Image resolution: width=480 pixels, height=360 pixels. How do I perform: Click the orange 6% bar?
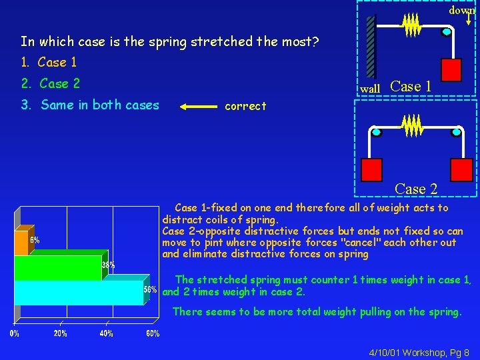[x=21, y=244]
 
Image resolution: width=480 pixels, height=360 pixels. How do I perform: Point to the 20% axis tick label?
[x=60, y=333]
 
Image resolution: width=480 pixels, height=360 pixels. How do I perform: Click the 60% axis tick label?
[x=153, y=333]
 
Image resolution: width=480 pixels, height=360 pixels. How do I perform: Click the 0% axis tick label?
[x=14, y=333]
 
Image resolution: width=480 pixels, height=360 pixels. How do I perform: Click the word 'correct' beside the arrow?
[x=245, y=106]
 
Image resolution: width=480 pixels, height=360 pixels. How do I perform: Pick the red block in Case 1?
[x=451, y=69]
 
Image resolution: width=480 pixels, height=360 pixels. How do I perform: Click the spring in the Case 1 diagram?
[x=411, y=26]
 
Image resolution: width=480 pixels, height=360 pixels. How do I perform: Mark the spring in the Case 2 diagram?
[x=413, y=125]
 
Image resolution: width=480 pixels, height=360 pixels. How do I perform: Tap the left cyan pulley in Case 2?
[x=377, y=133]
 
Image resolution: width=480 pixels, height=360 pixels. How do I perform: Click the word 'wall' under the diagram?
[x=370, y=89]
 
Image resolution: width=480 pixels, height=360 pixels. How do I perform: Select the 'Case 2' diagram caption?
[x=416, y=189]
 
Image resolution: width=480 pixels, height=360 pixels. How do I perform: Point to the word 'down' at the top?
[x=461, y=10]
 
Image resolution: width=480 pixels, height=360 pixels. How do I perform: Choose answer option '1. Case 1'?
[x=49, y=63]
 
